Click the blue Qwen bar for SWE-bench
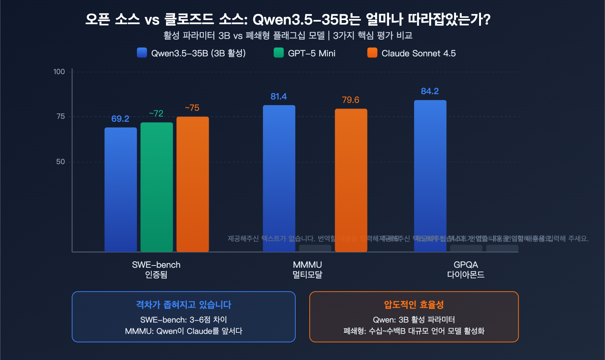coord(121,189)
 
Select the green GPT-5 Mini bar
coord(157,187)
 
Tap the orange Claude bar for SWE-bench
coord(192,184)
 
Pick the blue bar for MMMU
coord(279,178)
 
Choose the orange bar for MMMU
coord(351,180)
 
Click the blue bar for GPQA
coord(430,175)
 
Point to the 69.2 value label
coord(120,119)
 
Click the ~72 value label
coord(156,113)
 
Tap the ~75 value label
coord(192,108)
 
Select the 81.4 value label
coord(279,97)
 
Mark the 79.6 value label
coord(351,100)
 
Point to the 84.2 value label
coord(430,91)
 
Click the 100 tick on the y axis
coord(59,72)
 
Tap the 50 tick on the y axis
coord(60,162)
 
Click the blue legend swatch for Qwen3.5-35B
coord(142,53)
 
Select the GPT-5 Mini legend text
coord(312,53)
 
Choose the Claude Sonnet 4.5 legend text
coord(419,53)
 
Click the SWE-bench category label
coord(156,265)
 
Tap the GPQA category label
coord(466,265)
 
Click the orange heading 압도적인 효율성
coord(414,304)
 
